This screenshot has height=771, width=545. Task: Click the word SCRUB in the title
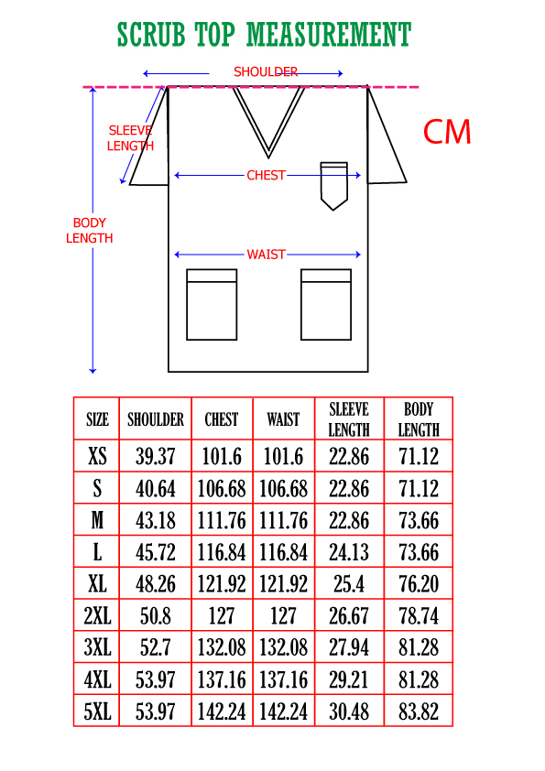tap(151, 35)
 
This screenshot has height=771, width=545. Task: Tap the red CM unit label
tap(447, 132)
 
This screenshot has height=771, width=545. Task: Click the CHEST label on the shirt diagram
tap(267, 175)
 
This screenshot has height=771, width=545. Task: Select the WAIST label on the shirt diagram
tap(267, 255)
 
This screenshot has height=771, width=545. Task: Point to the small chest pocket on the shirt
tap(334, 185)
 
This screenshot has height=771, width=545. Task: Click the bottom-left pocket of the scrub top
tap(212, 304)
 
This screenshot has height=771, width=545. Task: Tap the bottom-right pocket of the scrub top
tap(326, 304)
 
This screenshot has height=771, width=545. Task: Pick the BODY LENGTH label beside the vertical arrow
tap(89, 230)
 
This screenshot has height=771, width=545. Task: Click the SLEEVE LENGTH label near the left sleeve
tap(130, 138)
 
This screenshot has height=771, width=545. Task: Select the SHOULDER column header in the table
tap(156, 419)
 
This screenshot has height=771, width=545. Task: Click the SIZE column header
tap(97, 419)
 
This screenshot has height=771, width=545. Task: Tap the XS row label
tap(97, 456)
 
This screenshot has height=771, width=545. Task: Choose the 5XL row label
tap(97, 711)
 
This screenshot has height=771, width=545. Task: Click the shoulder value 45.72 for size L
tap(156, 552)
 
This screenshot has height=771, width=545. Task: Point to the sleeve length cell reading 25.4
tap(349, 584)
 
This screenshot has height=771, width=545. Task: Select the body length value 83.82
tap(419, 711)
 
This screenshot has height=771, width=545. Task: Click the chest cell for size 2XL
tap(222, 616)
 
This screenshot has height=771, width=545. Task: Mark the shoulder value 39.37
tap(156, 456)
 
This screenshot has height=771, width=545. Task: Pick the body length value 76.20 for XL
tap(419, 584)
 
